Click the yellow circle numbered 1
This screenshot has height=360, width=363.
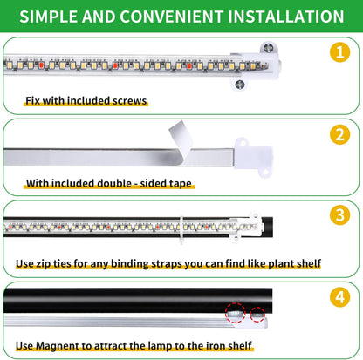click(339, 51)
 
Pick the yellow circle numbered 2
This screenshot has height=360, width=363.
click(339, 135)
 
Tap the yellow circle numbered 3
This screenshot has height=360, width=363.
click(339, 214)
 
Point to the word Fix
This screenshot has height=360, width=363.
click(34, 100)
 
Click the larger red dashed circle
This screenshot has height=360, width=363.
click(235, 311)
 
